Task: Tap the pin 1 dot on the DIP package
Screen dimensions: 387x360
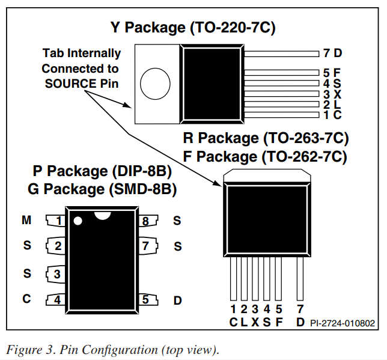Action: [x=78, y=221]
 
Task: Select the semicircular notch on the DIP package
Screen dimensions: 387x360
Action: [x=102, y=215]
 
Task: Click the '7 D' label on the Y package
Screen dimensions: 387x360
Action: [x=332, y=53]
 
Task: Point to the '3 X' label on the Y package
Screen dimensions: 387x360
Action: [x=332, y=94]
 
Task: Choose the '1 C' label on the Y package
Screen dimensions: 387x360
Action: [x=332, y=115]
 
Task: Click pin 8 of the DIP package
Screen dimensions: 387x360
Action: [x=148, y=221]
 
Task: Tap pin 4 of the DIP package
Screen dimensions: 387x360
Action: [x=55, y=300]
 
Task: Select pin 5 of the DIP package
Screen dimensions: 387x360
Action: [x=148, y=299]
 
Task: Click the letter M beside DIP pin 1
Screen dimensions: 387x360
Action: [x=26, y=220]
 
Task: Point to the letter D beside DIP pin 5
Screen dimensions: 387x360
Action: [x=177, y=301]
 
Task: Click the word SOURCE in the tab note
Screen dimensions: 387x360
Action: [x=70, y=84]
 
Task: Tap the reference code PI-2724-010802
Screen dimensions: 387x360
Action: [x=343, y=323]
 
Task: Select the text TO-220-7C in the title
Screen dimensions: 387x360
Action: [x=233, y=27]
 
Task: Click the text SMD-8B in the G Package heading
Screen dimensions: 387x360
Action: [x=142, y=189]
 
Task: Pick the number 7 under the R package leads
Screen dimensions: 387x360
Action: [x=300, y=309]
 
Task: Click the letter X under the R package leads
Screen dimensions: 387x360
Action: [x=255, y=322]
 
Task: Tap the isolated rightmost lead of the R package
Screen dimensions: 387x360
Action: [x=300, y=278]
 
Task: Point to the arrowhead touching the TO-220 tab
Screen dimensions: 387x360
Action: [x=127, y=105]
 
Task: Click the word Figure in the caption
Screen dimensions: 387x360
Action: [x=24, y=350]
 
